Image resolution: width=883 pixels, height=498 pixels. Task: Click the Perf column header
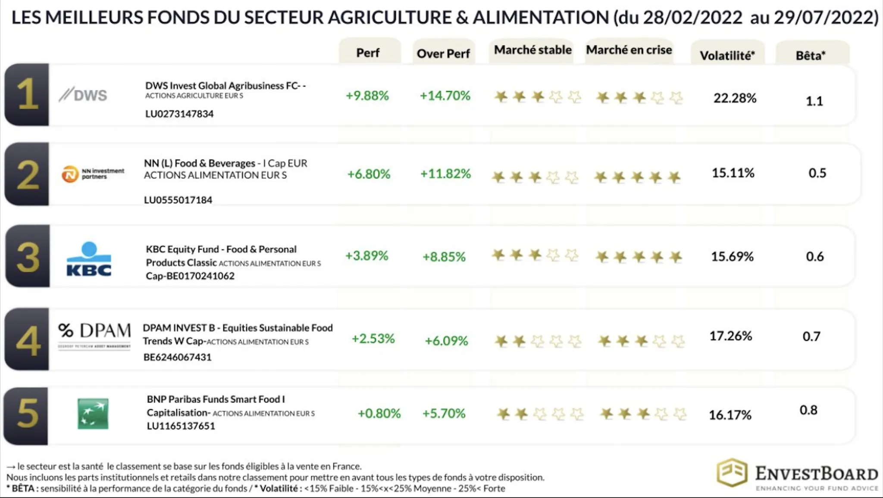(368, 53)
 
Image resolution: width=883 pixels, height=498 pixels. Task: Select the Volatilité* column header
(727, 56)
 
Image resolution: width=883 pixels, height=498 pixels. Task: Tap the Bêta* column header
(811, 56)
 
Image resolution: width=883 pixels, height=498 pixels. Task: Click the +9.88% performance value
(367, 96)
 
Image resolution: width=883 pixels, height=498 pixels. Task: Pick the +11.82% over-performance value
(445, 174)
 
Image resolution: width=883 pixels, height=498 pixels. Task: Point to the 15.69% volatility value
(732, 257)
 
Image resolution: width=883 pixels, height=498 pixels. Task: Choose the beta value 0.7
(811, 336)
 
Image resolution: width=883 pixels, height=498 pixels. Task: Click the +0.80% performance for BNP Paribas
(379, 414)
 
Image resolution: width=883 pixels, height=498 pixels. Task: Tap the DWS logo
(83, 95)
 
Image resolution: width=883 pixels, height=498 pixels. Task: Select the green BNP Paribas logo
(93, 414)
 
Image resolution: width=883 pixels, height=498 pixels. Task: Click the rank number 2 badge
(27, 174)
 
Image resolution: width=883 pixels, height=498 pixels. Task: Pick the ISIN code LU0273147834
(179, 114)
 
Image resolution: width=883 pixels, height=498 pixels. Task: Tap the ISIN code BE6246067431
(178, 357)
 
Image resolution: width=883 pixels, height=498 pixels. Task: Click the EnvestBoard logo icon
(732, 473)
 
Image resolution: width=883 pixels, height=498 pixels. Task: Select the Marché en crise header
(629, 50)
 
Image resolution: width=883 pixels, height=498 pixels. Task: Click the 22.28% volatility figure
(735, 98)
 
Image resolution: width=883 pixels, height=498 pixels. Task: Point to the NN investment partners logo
(93, 174)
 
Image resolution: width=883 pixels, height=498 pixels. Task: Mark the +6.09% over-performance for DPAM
(446, 341)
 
